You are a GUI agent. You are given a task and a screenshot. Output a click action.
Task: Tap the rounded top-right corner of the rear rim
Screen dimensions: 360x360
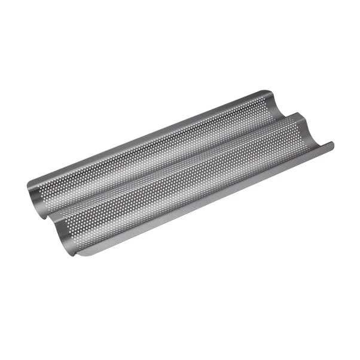(269, 92)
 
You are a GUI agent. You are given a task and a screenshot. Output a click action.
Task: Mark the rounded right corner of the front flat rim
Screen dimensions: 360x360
(332, 144)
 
